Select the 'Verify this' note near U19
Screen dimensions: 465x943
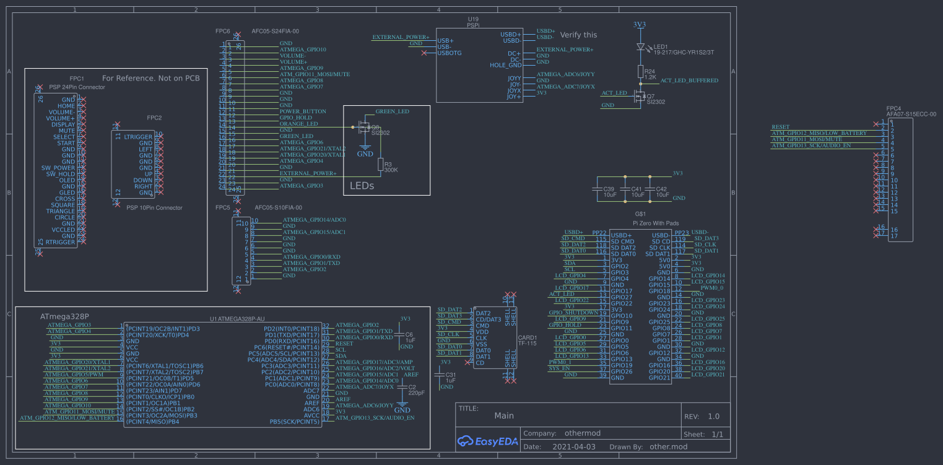point(578,35)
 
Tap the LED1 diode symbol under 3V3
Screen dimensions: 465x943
point(640,46)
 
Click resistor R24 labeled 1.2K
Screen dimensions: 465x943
point(640,73)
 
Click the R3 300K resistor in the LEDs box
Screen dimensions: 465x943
point(380,164)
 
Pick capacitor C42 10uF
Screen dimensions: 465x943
point(650,191)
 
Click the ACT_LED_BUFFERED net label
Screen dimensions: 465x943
point(689,80)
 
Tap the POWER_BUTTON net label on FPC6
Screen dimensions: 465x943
point(303,111)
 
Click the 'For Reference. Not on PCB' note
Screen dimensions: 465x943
point(150,79)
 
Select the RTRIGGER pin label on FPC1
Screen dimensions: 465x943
point(60,242)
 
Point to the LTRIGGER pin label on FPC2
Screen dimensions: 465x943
point(138,137)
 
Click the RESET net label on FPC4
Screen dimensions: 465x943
point(780,127)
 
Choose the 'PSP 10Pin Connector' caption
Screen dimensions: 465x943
point(154,207)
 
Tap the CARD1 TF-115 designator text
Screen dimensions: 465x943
point(526,341)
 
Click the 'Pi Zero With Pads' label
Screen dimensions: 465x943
point(655,223)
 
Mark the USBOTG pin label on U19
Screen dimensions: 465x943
point(450,53)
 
